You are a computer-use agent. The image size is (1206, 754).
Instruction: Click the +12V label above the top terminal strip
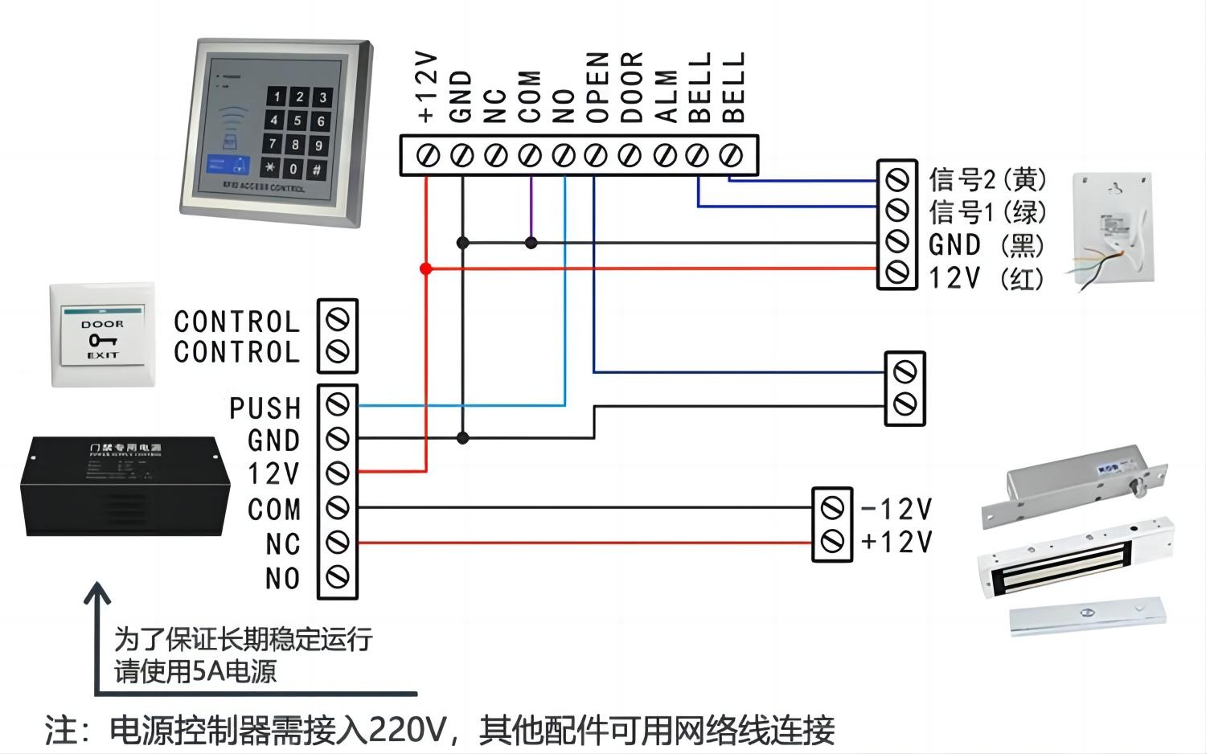427,87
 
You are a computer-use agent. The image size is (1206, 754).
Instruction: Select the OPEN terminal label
597,87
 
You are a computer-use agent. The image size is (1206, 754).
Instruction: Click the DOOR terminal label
632,87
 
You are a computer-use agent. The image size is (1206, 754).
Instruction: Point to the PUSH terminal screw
338,405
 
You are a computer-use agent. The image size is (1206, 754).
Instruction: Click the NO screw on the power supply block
338,576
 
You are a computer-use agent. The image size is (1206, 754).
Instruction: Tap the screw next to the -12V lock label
832,508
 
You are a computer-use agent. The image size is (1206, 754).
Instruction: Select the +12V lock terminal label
896,543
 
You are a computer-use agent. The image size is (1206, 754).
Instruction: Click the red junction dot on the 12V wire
426,268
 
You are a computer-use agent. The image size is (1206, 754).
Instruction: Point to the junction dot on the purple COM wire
531,242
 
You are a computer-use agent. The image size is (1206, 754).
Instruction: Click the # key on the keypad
318,170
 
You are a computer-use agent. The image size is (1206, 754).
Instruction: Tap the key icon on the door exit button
102,340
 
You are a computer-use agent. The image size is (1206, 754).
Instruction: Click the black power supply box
125,486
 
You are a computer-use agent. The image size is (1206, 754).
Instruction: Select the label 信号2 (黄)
987,178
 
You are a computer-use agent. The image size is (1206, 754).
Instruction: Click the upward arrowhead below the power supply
98,595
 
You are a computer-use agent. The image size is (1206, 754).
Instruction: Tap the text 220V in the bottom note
407,730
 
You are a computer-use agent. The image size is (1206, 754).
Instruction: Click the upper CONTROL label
236,322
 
